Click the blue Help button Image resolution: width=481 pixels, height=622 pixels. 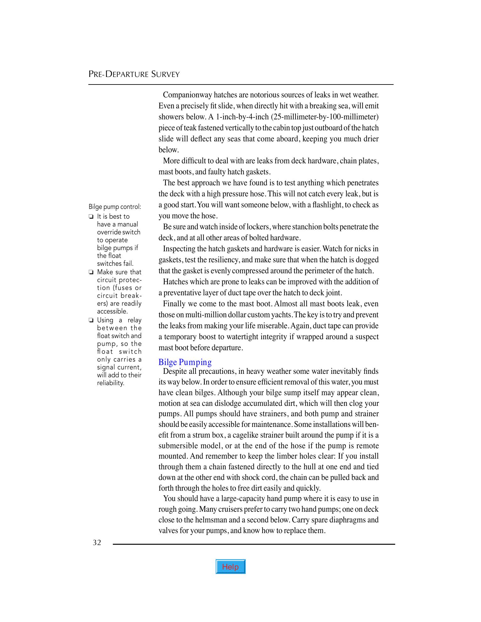point(230,567)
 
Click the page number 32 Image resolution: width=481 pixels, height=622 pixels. point(97,543)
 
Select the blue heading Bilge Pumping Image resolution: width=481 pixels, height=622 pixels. point(185,362)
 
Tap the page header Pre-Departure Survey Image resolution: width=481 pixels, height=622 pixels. point(134,74)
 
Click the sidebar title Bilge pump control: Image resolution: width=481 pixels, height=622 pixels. point(115,207)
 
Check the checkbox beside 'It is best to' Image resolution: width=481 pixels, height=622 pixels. point(91,216)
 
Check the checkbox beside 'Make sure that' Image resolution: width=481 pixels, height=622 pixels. point(91,272)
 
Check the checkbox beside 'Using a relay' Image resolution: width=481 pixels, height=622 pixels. point(91,320)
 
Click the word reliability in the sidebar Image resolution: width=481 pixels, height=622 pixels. point(110,383)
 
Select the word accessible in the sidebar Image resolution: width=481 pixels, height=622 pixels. point(112,311)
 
